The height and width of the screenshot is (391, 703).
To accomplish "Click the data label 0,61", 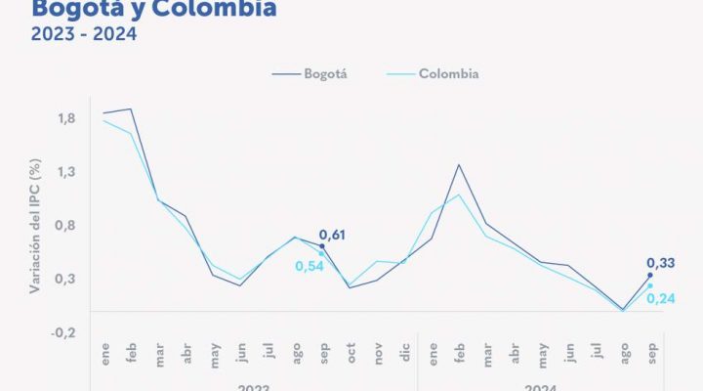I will (x=332, y=236).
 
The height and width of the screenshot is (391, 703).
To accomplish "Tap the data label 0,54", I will (x=309, y=266).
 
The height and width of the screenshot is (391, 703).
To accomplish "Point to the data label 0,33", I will (x=660, y=263).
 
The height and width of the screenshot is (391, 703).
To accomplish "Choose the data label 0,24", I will (x=661, y=297).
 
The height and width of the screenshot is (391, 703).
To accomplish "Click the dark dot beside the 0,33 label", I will (x=650, y=276).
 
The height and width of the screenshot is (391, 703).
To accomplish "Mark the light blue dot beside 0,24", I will (x=650, y=285).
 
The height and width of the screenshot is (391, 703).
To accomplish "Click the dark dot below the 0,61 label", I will (x=322, y=246).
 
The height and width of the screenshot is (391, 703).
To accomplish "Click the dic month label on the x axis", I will (x=405, y=357).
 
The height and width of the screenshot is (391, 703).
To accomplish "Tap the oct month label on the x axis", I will (x=351, y=357).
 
